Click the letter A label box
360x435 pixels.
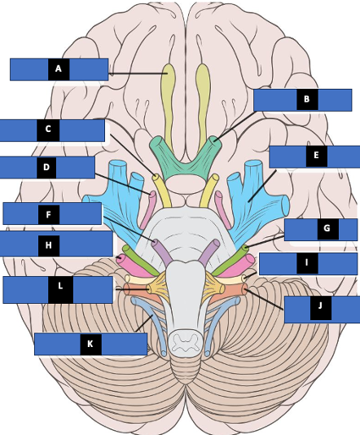click(x=59, y=69)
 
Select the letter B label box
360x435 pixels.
click(x=303, y=100)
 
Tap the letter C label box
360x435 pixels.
click(x=52, y=130)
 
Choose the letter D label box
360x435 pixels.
click(x=47, y=168)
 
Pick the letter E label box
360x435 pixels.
click(x=314, y=156)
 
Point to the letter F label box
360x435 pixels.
click(x=52, y=213)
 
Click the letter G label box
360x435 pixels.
click(x=321, y=230)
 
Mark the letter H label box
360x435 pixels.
click(x=56, y=244)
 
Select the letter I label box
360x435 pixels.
click(x=308, y=264)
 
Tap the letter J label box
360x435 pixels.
click(x=323, y=310)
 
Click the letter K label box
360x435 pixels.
click(x=90, y=344)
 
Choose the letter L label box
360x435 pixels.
click(x=58, y=290)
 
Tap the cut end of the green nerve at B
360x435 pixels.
click(x=215, y=140)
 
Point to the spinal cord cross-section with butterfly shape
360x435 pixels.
click(x=185, y=343)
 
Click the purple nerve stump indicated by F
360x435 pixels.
click(x=156, y=243)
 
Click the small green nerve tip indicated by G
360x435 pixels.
click(x=245, y=248)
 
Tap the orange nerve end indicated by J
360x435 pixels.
click(x=245, y=289)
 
